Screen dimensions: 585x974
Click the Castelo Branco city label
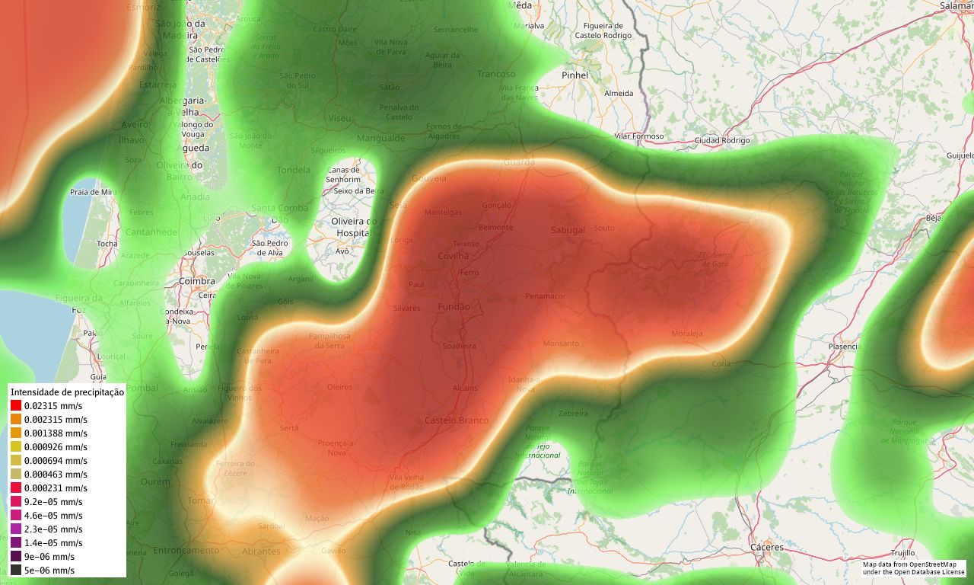[457, 420]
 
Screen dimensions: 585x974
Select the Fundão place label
[454, 306]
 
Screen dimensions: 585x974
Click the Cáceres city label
[766, 547]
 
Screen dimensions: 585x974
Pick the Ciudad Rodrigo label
[721, 140]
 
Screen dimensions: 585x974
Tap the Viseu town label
[339, 118]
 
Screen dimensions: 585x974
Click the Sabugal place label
[568, 230]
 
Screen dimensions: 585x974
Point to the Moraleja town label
[687, 334]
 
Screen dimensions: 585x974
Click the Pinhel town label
[575, 75]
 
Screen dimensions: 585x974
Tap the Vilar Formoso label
[638, 136]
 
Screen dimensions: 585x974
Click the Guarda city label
[519, 162]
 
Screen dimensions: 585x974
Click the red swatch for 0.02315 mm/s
[16, 406]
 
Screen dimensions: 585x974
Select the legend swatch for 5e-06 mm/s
[16, 570]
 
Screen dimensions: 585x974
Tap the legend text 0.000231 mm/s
[56, 488]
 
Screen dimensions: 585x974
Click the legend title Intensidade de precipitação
[67, 392]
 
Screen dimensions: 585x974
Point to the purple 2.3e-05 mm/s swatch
[16, 529]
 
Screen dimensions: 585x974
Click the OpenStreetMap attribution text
[913, 568]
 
